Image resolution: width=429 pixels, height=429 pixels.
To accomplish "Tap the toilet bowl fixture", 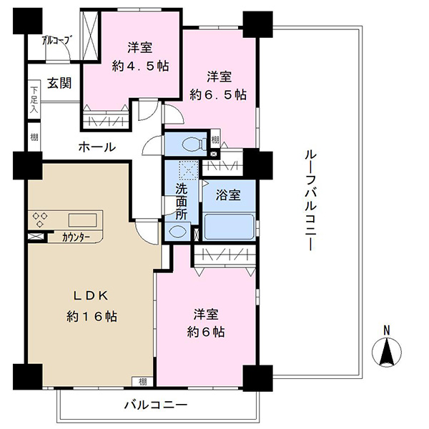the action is (194, 144).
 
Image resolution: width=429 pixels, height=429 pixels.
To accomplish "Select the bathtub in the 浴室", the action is (230, 227).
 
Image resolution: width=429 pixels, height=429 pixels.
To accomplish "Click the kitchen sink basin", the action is (82, 220).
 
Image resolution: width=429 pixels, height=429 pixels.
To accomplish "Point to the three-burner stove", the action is (40, 220).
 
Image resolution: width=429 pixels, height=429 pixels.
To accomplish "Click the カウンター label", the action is (76, 237).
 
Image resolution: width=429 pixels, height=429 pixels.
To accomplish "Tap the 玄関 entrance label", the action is (59, 83).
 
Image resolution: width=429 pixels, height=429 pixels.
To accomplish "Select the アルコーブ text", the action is (57, 41).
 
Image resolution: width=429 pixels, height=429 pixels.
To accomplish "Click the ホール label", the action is (97, 147).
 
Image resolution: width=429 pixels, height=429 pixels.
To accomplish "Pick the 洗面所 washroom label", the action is (182, 202).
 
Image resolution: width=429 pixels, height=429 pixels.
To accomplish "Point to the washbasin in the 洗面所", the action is (178, 232).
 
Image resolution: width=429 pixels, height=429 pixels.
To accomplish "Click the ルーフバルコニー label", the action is (310, 200).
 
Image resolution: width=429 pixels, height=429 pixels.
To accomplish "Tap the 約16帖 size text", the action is (92, 317).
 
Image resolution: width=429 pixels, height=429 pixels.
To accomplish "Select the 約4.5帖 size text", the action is (140, 66).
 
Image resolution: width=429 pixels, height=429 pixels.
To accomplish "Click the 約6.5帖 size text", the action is (218, 94).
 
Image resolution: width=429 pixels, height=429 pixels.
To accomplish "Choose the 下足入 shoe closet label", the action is (34, 100).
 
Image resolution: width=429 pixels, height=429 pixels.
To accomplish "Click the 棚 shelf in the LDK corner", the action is (142, 382).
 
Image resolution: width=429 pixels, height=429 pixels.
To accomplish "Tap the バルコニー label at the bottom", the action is (156, 405).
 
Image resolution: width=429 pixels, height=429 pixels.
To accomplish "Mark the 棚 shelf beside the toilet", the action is (215, 140).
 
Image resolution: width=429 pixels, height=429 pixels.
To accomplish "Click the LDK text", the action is (91, 296).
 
